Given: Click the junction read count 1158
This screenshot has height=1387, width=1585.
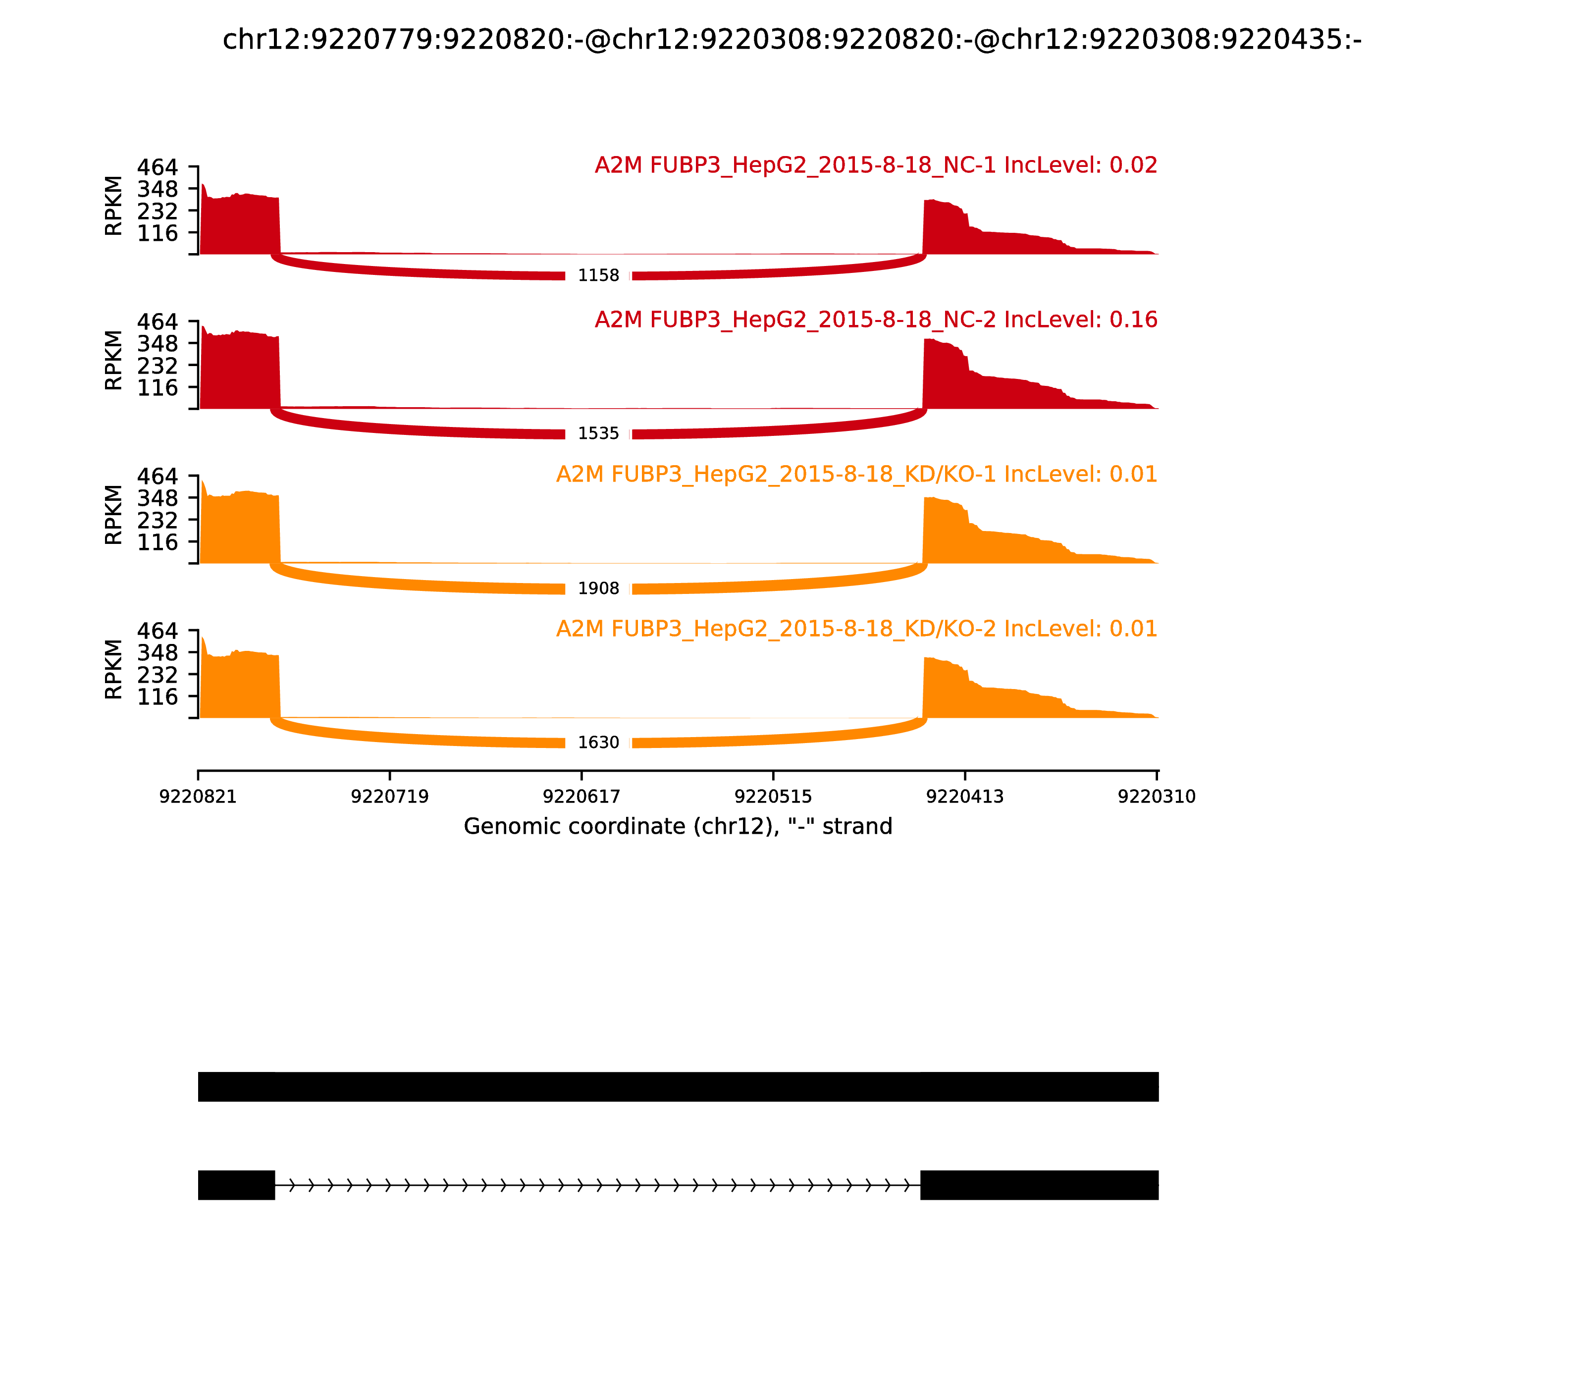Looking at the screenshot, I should pos(598,275).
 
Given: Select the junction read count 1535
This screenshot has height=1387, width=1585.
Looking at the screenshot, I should pos(598,433).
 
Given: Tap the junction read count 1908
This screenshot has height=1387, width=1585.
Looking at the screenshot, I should pos(598,588).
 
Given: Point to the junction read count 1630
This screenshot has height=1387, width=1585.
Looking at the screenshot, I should pos(598,742).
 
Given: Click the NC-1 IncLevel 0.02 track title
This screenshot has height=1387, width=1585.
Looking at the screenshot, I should pos(875,165).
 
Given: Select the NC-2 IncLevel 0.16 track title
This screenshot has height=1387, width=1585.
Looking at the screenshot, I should pos(875,320).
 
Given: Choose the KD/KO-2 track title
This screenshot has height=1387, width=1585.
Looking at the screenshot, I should pos(856,629).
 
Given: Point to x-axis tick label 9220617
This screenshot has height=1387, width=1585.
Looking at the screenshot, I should pos(581,797).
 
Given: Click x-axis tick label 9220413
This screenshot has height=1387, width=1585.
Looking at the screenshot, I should pos(964,797).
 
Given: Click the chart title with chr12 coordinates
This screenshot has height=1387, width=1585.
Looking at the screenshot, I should pos(792,40).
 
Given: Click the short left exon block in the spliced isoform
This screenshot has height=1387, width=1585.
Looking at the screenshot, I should pos(236,1185).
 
